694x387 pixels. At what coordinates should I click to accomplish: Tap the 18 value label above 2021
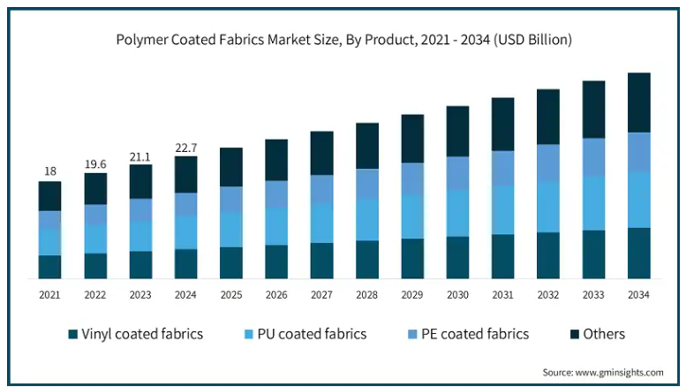tap(49, 171)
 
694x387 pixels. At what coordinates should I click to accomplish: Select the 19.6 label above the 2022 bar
tap(95, 163)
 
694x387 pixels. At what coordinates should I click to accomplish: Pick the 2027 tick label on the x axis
tap(321, 294)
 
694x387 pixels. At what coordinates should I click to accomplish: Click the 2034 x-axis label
tap(638, 294)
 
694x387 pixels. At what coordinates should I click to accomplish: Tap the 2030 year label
tap(457, 294)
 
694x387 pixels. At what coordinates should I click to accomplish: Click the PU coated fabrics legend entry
tap(305, 334)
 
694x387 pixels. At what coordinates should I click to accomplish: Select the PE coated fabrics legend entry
tap(467, 334)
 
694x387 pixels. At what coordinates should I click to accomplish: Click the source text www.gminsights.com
tap(603, 372)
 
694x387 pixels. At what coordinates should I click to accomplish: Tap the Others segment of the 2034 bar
tap(638, 102)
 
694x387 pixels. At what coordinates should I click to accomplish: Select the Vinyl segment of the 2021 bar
tap(49, 267)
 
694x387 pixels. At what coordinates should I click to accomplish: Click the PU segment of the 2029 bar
tap(412, 216)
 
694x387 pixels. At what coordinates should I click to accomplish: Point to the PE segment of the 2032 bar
tap(547, 163)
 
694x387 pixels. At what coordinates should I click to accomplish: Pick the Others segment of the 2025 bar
tap(231, 167)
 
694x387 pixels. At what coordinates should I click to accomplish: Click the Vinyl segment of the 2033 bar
tap(593, 254)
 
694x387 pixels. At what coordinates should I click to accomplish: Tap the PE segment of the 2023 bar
tap(140, 210)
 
